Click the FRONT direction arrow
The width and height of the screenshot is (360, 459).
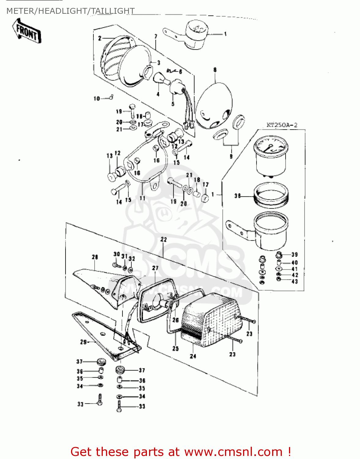[27, 31]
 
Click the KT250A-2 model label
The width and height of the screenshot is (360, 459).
[282, 125]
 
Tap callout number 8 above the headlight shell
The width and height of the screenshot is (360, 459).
[215, 70]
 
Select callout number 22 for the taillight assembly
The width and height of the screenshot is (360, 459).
[164, 239]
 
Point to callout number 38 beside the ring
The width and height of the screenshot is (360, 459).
[238, 196]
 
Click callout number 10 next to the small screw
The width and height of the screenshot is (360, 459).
[97, 99]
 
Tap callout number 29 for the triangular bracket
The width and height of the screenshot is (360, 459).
[83, 342]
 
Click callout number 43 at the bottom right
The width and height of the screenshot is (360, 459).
[294, 281]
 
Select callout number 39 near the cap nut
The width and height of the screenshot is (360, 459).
[294, 255]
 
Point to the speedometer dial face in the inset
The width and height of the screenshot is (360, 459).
[269, 145]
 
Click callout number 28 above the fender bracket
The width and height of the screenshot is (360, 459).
[95, 257]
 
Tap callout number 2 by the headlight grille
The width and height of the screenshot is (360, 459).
[100, 38]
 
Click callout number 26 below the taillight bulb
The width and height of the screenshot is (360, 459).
[175, 320]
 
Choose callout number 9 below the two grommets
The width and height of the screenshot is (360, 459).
[231, 156]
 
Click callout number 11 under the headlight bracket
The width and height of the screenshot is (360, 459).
[142, 198]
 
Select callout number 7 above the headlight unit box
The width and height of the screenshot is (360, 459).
[156, 36]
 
